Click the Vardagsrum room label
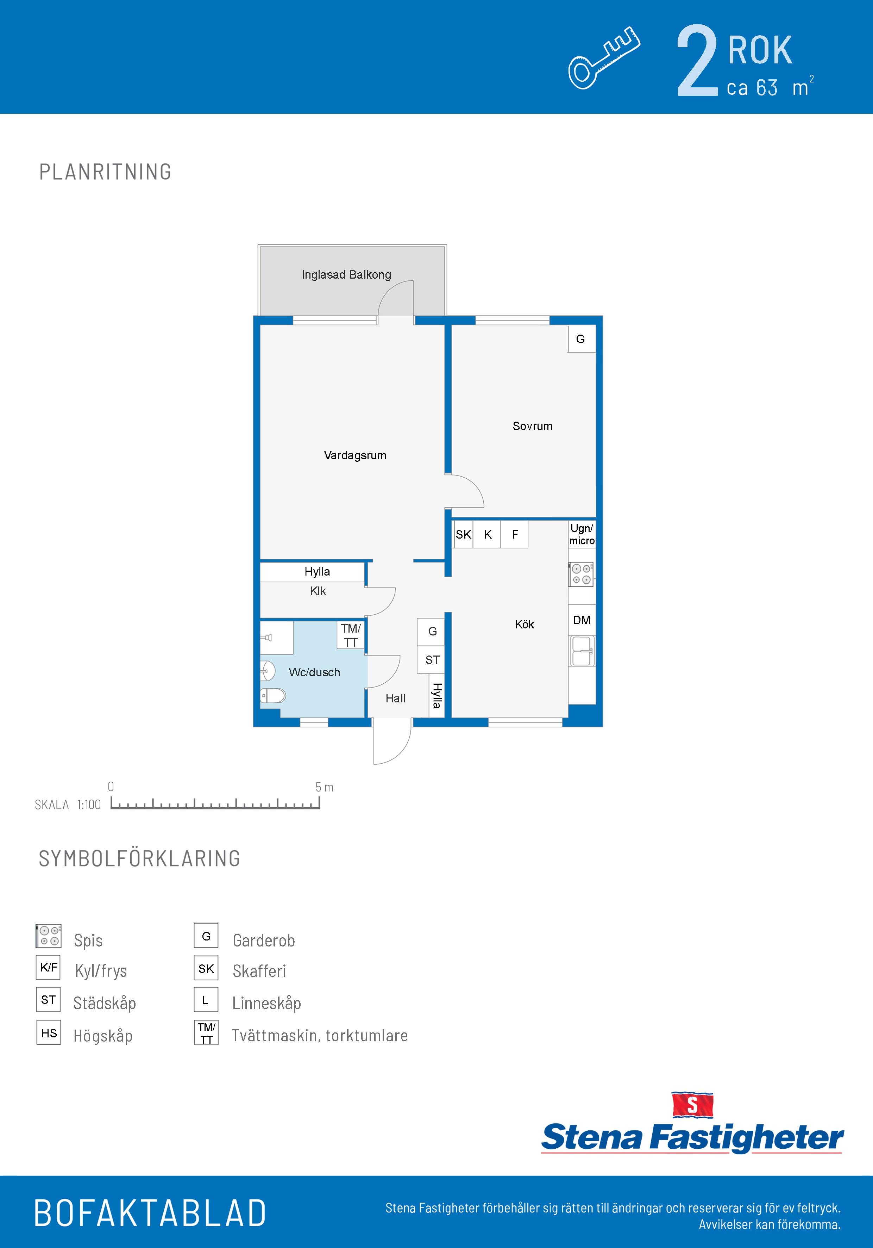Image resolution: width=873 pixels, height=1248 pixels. pos(355,455)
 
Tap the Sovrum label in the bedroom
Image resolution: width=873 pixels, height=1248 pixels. pos(532,426)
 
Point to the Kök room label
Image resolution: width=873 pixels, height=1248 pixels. pos(524,625)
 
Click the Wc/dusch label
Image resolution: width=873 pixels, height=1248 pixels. pos(315,672)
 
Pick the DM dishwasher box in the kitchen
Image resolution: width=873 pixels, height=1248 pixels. pos(582,620)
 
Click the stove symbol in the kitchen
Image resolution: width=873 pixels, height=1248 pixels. pos(581,575)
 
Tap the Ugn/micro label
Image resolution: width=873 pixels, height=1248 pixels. pos(582,534)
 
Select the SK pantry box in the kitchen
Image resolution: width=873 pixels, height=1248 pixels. pos(463,534)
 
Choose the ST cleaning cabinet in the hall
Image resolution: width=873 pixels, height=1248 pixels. pos(432,660)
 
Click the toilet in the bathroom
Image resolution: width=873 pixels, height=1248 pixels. pos(273,696)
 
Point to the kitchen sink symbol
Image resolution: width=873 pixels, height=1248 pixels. pos(582,651)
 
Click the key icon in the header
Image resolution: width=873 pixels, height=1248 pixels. pos(604,58)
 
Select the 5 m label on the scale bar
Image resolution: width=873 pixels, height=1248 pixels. pos(324,787)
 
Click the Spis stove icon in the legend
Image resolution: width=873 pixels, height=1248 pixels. pos(48,936)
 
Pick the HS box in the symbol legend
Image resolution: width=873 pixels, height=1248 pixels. pos(49,1033)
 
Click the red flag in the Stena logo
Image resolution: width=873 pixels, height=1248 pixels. pos(692,1105)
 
